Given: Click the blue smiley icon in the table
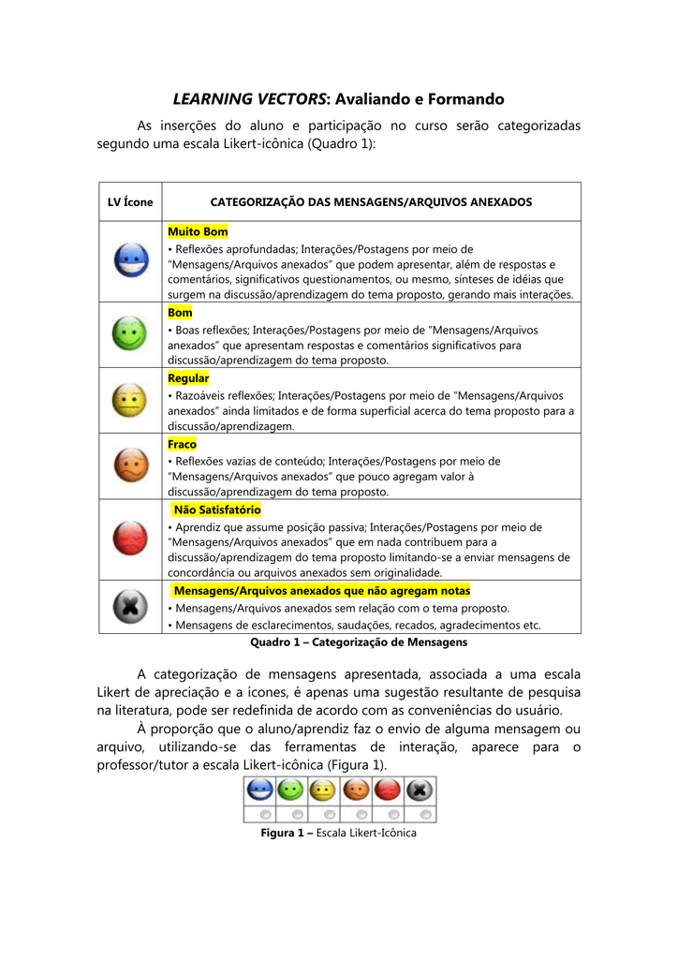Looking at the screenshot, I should pos(129,260).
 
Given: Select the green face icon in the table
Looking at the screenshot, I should pos(129,333).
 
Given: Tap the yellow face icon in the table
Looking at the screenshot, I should pos(129,400).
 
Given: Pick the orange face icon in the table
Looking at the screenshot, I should pos(129,465).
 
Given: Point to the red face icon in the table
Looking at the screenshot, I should pos(129,538).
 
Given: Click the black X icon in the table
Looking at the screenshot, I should pos(129,606).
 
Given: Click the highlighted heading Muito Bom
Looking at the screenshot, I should pos(198,231).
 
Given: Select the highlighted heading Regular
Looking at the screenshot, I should pos(188,378).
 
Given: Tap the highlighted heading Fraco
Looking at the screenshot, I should pos(182,444).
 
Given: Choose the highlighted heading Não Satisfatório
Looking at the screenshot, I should pos(217,509).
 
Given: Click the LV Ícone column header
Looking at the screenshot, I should pos(130,201).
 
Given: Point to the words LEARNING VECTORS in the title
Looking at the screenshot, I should pos(247,98).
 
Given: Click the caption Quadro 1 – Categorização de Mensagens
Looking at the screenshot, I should pos(359,642).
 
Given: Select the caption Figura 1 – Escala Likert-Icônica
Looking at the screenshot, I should pos(338,833).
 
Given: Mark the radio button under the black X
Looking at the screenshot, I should pos(424,814).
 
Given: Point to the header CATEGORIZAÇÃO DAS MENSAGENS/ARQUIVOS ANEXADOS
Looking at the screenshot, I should pos(371,201).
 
